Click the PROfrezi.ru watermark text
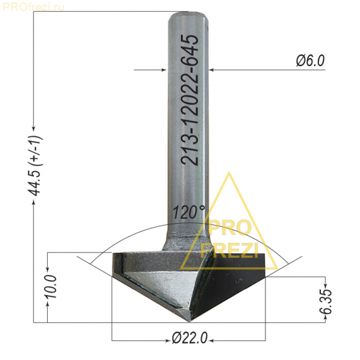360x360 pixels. [x=33, y=7]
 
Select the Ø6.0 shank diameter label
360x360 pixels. [x=310, y=61]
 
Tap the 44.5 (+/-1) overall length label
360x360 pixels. [x=35, y=166]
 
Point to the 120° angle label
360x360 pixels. [x=188, y=212]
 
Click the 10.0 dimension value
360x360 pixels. [x=51, y=286]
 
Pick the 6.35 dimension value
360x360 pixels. [x=326, y=301]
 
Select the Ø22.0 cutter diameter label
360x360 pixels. [x=189, y=338]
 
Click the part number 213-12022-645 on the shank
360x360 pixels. [x=189, y=100]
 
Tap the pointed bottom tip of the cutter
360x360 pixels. [x=189, y=322]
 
